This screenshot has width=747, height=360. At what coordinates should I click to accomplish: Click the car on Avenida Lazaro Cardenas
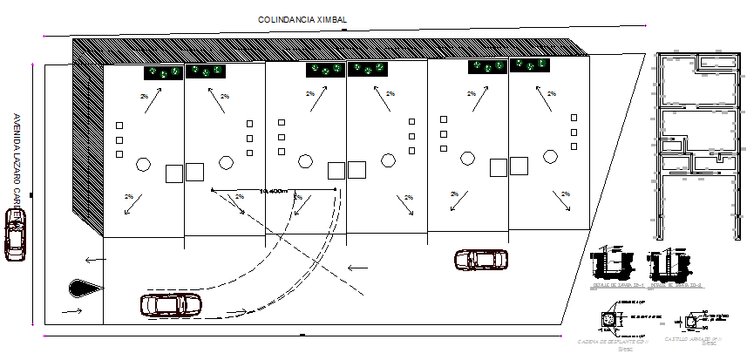[x=14, y=234]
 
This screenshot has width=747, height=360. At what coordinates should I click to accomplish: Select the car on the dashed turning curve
[x=171, y=304]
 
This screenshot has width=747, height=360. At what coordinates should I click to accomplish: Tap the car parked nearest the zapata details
[x=480, y=259]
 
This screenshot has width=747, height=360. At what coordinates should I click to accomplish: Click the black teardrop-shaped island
[x=84, y=286]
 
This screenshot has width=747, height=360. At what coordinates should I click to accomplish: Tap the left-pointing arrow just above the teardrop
[x=92, y=258]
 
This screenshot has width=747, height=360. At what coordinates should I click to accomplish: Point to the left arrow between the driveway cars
[x=357, y=268]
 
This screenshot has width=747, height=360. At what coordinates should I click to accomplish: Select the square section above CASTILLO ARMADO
[x=692, y=321]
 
